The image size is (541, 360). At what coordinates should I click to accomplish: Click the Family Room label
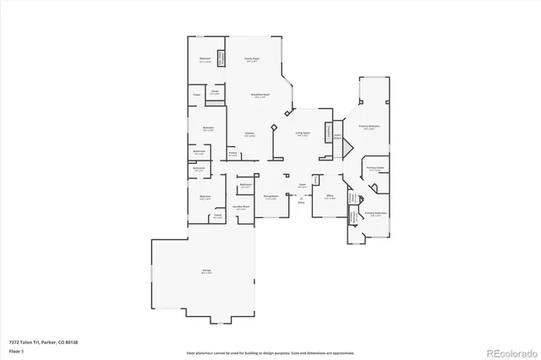click(x=251, y=59)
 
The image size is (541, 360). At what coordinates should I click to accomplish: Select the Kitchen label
click(x=250, y=134)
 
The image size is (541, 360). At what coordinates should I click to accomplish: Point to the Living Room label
click(x=302, y=134)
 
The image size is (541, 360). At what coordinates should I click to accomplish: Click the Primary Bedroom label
click(x=369, y=126)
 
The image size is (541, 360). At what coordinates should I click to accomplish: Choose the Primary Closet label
click(x=375, y=169)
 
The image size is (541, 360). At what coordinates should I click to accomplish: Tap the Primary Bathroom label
click(x=375, y=214)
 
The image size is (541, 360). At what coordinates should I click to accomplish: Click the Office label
click(x=331, y=196)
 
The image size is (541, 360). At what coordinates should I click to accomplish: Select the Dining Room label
click(x=270, y=196)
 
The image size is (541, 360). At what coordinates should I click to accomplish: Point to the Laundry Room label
click(x=242, y=208)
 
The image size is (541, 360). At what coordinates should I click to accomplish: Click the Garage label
click(x=206, y=271)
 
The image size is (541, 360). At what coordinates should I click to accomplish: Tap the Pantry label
click(x=232, y=155)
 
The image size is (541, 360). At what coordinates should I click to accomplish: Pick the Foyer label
click(x=301, y=186)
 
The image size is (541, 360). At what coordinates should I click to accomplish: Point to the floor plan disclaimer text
click(x=270, y=351)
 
